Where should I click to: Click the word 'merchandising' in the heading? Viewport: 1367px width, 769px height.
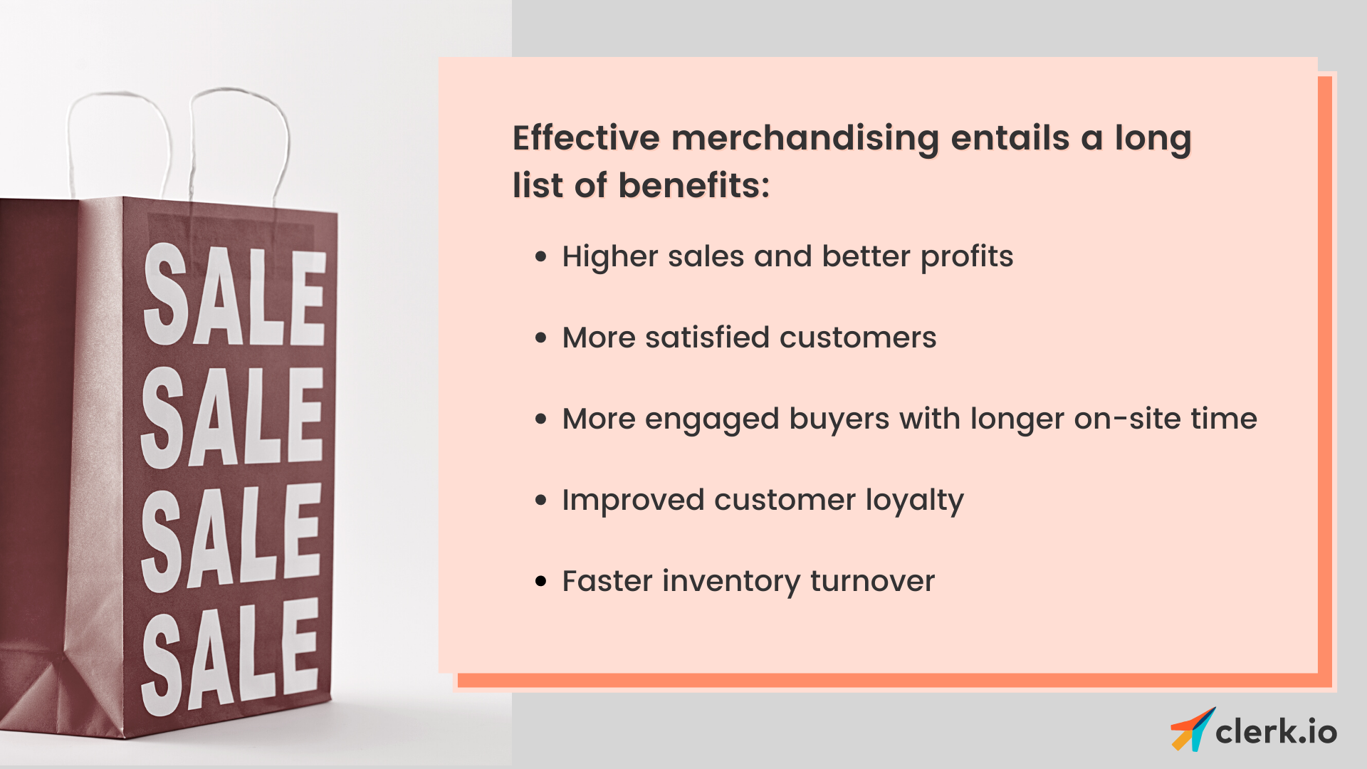tap(805, 138)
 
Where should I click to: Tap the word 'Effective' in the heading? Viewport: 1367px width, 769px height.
tap(586, 138)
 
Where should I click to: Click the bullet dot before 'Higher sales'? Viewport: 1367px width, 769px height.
tap(541, 256)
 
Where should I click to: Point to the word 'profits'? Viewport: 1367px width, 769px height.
tap(966, 256)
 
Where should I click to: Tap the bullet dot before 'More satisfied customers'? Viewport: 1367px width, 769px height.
tap(541, 338)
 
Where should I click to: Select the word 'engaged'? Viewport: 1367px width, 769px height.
tap(711, 419)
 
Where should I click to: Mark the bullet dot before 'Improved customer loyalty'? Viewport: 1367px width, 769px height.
tap(541, 500)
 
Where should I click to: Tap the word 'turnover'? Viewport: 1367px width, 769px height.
tap(872, 581)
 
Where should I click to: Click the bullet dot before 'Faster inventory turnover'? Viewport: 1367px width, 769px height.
tap(541, 581)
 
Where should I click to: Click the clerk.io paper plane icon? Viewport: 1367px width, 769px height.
tap(1192, 730)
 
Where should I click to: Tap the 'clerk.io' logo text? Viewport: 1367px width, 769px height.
tap(1276, 732)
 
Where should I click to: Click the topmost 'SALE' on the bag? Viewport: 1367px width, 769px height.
tap(234, 295)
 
